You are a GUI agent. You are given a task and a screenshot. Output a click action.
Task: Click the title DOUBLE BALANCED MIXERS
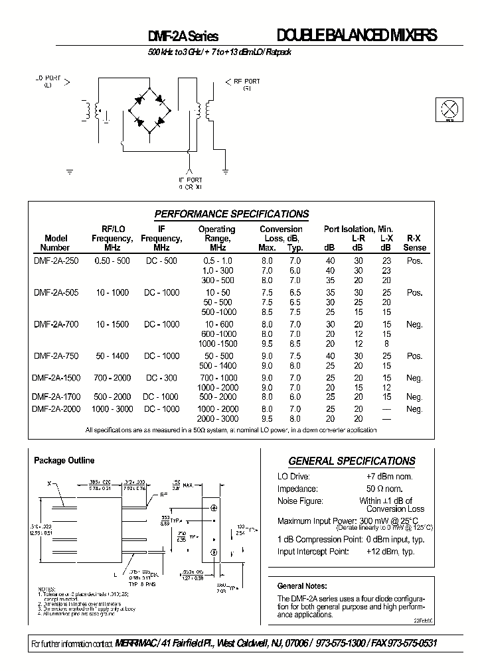click(357, 36)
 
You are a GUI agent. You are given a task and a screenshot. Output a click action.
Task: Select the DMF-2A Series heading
click(183, 37)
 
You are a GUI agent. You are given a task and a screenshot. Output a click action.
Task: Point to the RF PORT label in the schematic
click(247, 84)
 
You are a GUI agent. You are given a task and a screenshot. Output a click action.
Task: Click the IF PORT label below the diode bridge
click(190, 183)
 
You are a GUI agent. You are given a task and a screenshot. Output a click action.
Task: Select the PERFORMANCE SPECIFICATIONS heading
click(231, 214)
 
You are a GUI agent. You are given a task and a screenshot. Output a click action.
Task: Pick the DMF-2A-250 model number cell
click(56, 261)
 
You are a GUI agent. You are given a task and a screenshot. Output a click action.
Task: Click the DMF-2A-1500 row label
click(56, 378)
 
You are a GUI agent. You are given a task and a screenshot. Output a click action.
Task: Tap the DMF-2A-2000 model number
click(56, 409)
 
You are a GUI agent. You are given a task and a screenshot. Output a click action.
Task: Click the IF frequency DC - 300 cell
click(161, 378)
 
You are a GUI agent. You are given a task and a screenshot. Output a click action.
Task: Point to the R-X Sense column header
click(414, 242)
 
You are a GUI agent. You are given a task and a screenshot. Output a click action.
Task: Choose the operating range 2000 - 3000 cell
click(217, 419)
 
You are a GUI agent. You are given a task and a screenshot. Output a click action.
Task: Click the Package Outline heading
click(64, 460)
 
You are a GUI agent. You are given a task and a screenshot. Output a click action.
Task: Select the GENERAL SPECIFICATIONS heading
click(351, 461)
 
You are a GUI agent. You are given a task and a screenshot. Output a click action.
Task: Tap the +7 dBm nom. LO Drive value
click(390, 477)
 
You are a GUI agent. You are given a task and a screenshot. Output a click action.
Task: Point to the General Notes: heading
click(301, 586)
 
